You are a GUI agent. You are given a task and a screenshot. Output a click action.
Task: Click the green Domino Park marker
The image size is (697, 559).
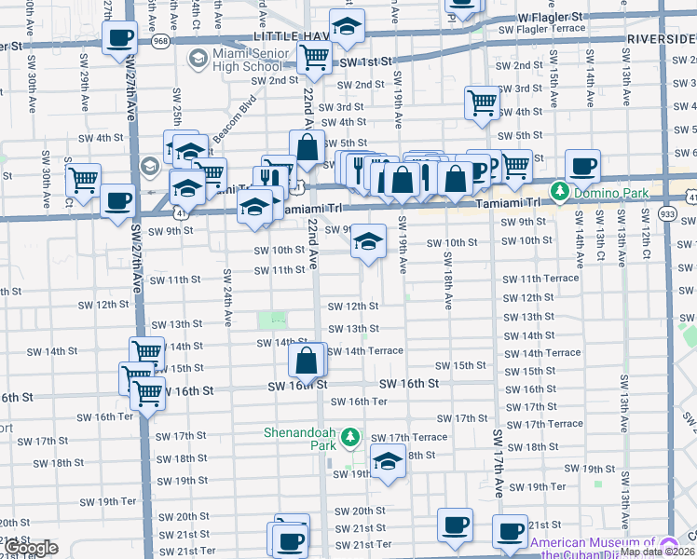coord(559,192)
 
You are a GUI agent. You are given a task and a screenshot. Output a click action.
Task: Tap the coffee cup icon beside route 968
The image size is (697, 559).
coord(120,39)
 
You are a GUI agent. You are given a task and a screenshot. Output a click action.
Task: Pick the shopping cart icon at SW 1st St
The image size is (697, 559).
coord(315,57)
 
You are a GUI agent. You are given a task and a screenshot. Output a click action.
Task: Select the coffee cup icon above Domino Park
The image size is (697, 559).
coord(582,166)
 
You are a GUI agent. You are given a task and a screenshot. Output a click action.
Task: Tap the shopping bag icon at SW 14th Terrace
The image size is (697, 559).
coord(307,360)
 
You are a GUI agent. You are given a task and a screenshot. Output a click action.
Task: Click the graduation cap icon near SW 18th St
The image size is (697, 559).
coord(388,460)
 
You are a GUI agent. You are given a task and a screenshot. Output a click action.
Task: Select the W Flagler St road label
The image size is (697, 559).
coord(550,17)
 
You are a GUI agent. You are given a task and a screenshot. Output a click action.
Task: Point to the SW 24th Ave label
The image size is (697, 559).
coord(226,298)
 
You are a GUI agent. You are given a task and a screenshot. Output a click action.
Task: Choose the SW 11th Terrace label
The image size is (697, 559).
coord(540,279)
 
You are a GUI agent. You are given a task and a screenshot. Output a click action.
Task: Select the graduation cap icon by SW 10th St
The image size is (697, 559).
coord(368,242)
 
